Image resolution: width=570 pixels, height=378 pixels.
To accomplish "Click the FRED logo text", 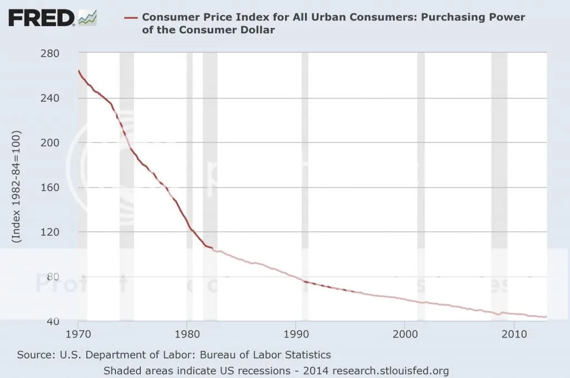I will (x=41, y=18).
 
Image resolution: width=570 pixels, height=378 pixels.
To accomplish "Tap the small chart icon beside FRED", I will (x=87, y=18).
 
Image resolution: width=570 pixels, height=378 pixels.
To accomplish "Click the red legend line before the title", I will (x=130, y=17).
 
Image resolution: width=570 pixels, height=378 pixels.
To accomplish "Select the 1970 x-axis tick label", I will (x=78, y=335).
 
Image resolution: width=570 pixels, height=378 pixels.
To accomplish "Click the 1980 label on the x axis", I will (x=187, y=335).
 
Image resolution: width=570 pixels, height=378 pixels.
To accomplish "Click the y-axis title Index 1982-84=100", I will (x=16, y=187).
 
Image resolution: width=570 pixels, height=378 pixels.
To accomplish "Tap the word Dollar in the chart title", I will (x=257, y=30).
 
